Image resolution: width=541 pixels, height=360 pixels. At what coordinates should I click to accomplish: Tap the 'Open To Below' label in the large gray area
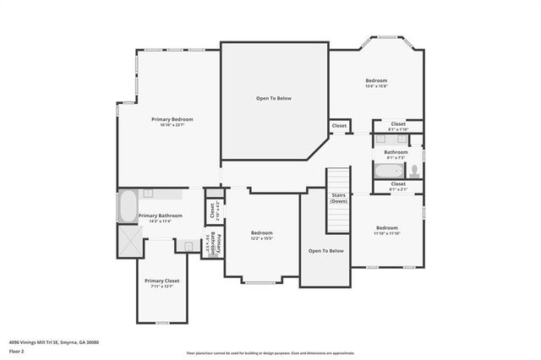[x=274, y=98]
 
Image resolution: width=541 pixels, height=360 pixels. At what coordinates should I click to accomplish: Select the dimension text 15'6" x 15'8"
[x=375, y=86]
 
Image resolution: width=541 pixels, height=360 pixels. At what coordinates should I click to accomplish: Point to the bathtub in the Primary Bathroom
[x=127, y=206]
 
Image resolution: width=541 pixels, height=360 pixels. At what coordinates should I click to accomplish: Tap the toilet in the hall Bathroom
[x=413, y=172]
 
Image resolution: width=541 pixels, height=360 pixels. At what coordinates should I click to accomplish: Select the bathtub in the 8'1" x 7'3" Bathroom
[x=390, y=172]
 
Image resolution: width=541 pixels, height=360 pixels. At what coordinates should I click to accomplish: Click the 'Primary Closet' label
[x=161, y=281]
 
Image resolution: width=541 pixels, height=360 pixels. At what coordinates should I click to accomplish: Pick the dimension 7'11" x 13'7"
[x=161, y=286]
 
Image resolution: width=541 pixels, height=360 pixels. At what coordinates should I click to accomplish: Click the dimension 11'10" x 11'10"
[x=386, y=233]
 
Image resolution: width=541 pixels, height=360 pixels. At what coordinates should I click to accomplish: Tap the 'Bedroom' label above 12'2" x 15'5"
[x=261, y=232]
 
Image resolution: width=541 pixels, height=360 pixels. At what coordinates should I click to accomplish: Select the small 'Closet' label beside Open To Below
[x=339, y=125]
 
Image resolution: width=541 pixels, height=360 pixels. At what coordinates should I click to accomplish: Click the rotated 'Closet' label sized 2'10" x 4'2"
[x=211, y=211]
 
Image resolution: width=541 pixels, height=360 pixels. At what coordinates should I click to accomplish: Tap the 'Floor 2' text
[x=16, y=350]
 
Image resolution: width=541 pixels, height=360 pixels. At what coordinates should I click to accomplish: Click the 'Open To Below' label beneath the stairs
[x=325, y=251]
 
